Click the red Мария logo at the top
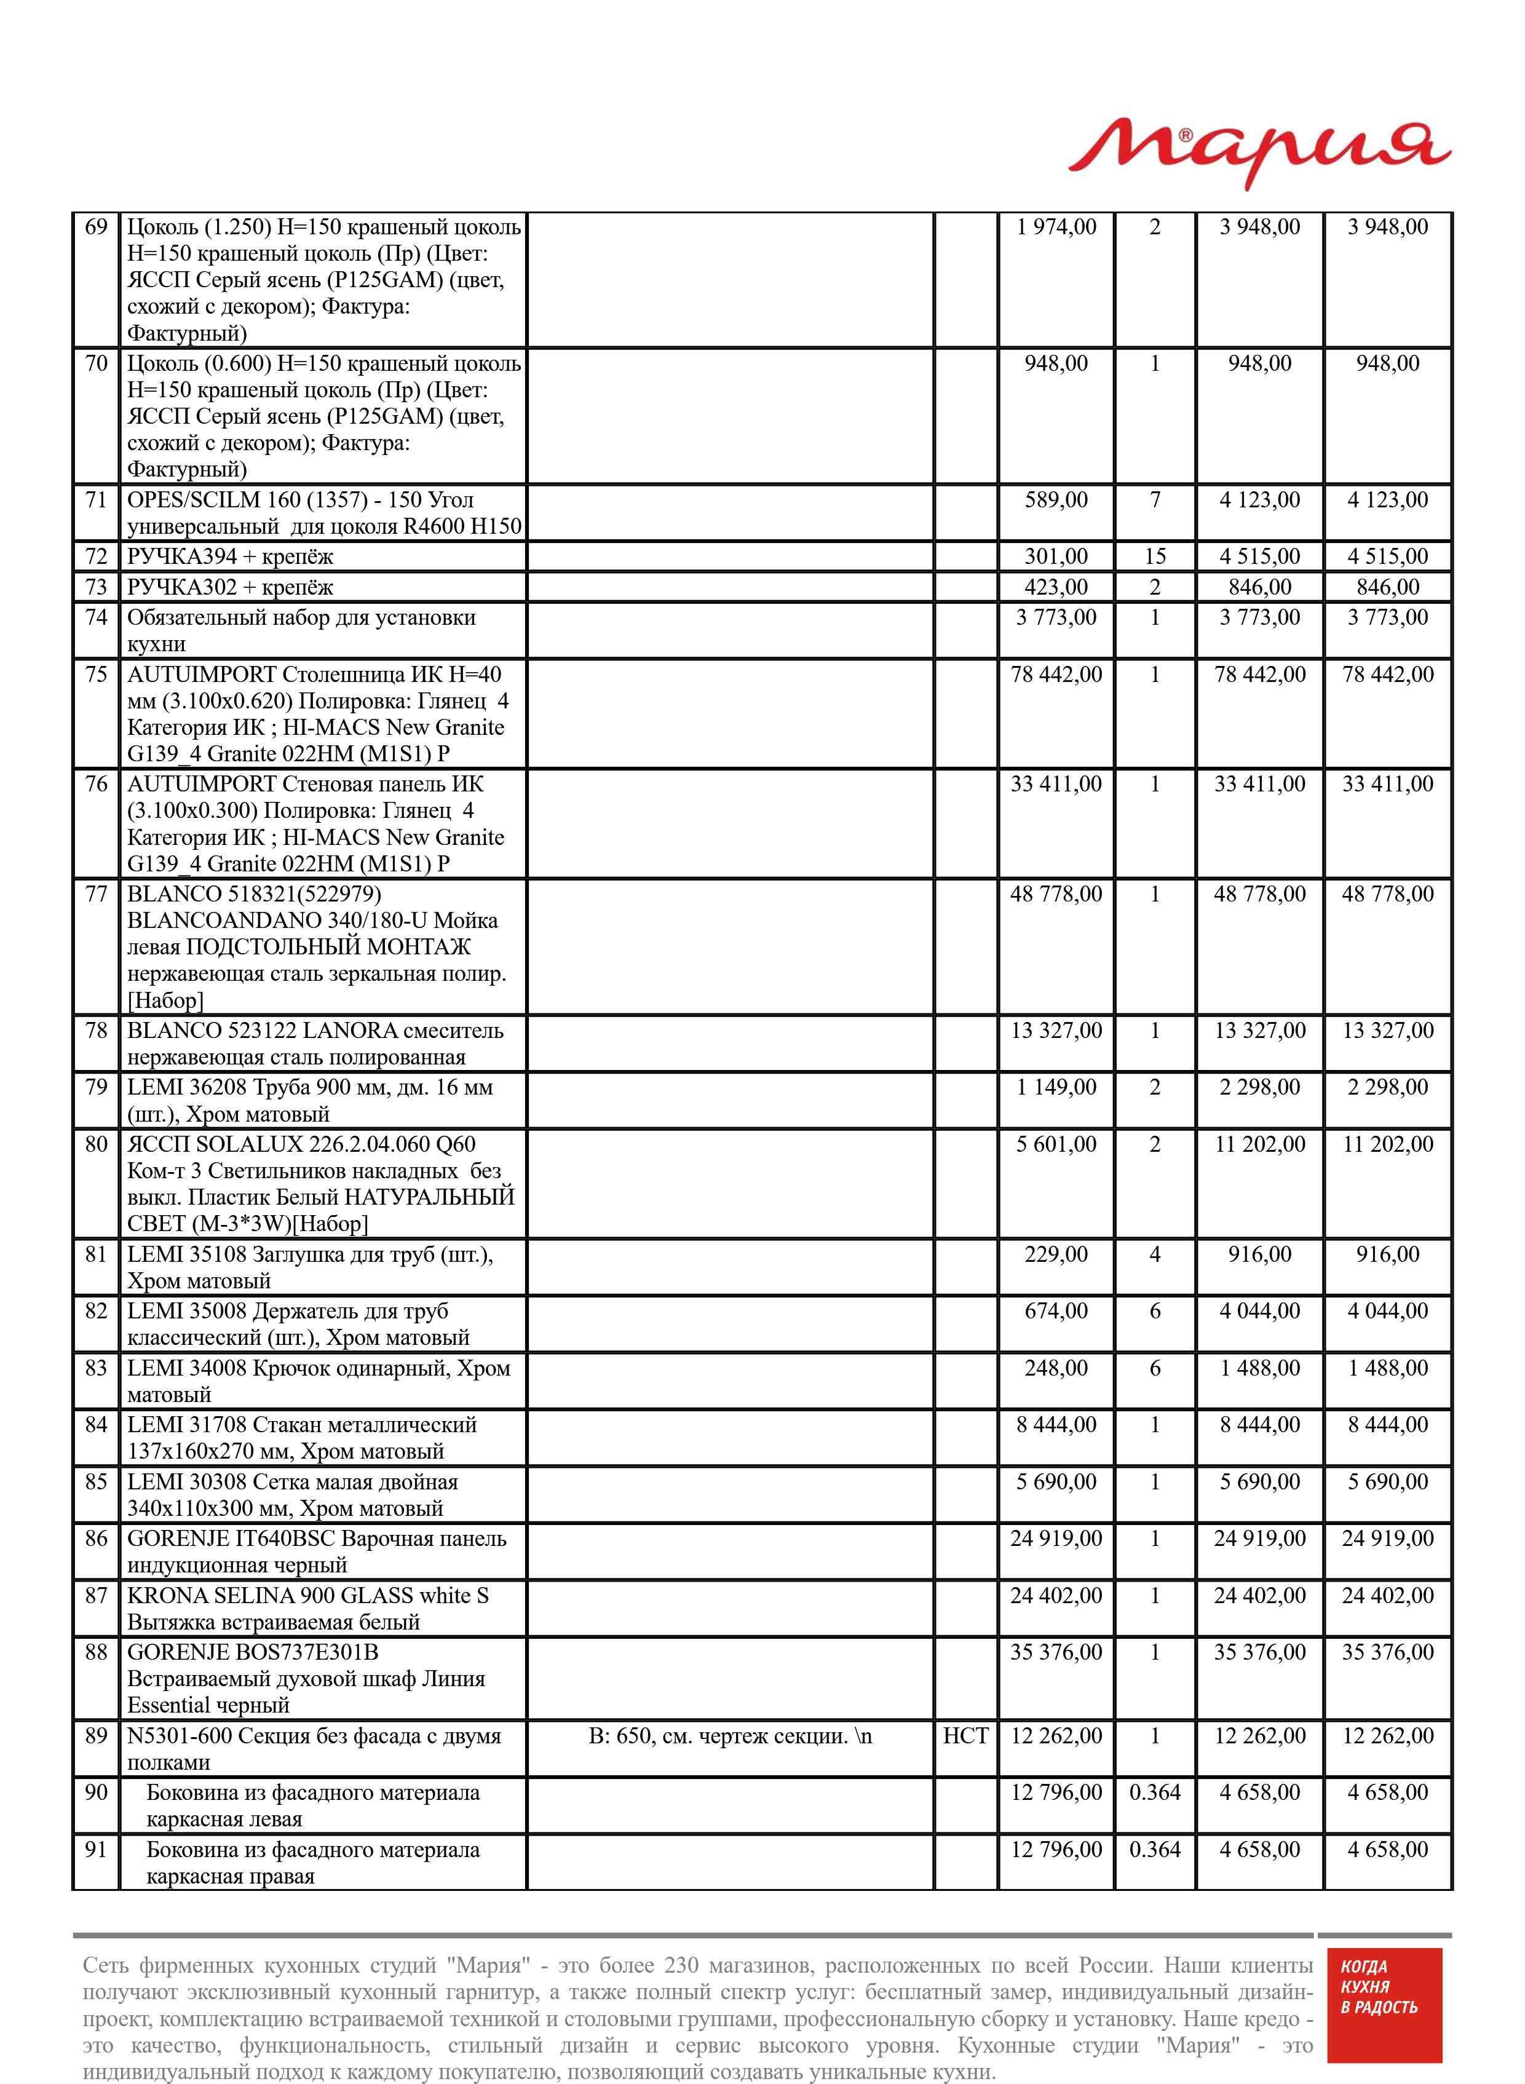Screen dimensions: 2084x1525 point(1259,153)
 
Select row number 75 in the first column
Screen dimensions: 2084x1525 point(96,675)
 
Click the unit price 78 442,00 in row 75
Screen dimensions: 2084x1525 point(1056,675)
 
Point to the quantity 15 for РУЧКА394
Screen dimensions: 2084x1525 point(1155,557)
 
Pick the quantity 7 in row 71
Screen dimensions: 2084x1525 point(1155,500)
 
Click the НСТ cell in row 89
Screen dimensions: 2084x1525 point(965,1736)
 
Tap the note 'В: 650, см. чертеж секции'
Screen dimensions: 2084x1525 point(729,1736)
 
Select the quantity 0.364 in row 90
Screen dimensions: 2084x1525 point(1155,1793)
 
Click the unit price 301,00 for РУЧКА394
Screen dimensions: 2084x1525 point(1056,557)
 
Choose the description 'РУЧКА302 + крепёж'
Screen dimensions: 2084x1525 point(230,587)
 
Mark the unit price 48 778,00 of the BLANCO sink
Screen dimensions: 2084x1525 point(1056,894)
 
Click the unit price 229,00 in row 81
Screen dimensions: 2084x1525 point(1056,1254)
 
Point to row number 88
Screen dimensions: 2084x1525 point(96,1652)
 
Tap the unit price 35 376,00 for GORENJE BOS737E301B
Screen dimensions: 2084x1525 point(1056,1652)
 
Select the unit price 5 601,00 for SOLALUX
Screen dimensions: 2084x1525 point(1056,1144)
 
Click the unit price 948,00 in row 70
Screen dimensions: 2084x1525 point(1056,363)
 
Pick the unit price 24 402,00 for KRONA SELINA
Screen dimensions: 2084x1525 point(1056,1596)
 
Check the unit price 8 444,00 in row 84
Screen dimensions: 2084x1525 point(1056,1425)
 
